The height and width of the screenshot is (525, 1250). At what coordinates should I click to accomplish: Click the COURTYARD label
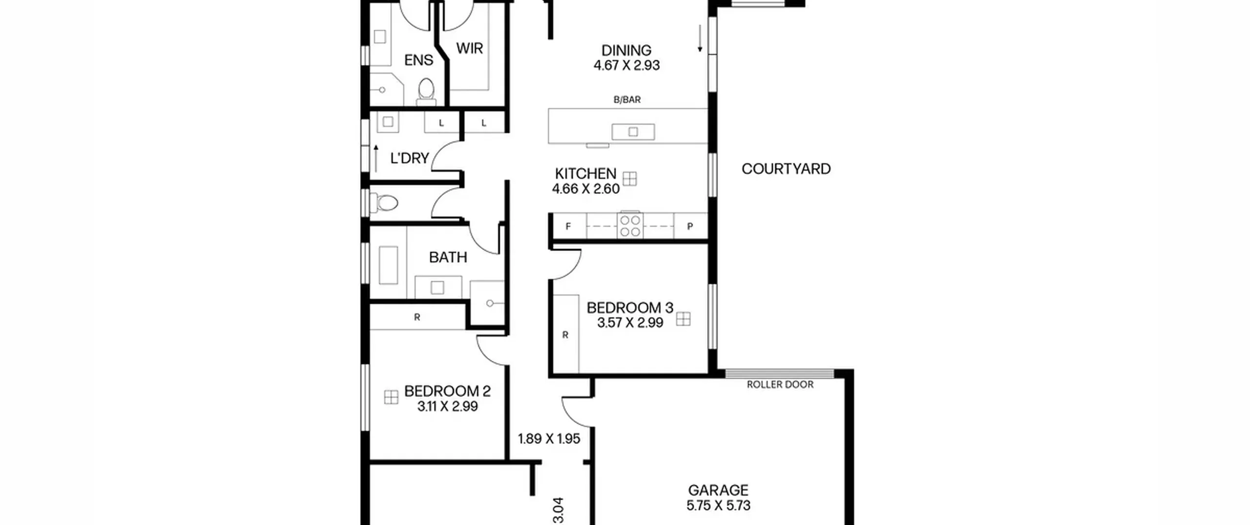tap(786, 169)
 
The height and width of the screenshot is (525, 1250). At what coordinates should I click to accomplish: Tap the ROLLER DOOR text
tap(780, 385)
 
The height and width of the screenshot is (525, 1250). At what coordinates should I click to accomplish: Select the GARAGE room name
tap(718, 490)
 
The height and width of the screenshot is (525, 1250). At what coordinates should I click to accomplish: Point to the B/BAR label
tap(627, 100)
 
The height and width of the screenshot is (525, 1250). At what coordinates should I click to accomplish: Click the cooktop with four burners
tap(630, 226)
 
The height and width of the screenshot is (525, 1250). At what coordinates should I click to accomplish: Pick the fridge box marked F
tap(569, 226)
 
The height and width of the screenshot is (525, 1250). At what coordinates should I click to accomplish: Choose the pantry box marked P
tap(690, 226)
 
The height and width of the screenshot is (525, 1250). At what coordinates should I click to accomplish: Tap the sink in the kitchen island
tap(633, 132)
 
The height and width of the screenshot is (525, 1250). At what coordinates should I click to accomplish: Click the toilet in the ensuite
tap(426, 92)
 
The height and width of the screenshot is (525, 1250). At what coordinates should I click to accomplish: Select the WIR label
tap(469, 48)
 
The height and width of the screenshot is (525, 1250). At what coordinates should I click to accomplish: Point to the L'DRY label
tap(409, 158)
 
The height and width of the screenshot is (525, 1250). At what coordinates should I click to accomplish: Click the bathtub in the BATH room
tap(388, 265)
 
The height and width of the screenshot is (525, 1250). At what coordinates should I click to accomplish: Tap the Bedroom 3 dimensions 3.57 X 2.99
tap(630, 323)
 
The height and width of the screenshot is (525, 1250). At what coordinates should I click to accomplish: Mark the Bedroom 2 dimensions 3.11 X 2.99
tap(447, 406)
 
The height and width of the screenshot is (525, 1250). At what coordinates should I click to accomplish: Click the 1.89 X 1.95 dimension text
tap(549, 439)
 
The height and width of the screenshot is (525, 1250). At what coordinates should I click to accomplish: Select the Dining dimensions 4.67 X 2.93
tap(626, 65)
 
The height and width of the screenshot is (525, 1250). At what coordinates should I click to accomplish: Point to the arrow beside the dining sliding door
tap(700, 39)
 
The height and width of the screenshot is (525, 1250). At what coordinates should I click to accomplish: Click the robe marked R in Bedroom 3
tap(565, 334)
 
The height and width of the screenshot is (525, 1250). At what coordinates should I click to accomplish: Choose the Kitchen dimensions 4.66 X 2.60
tap(585, 189)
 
